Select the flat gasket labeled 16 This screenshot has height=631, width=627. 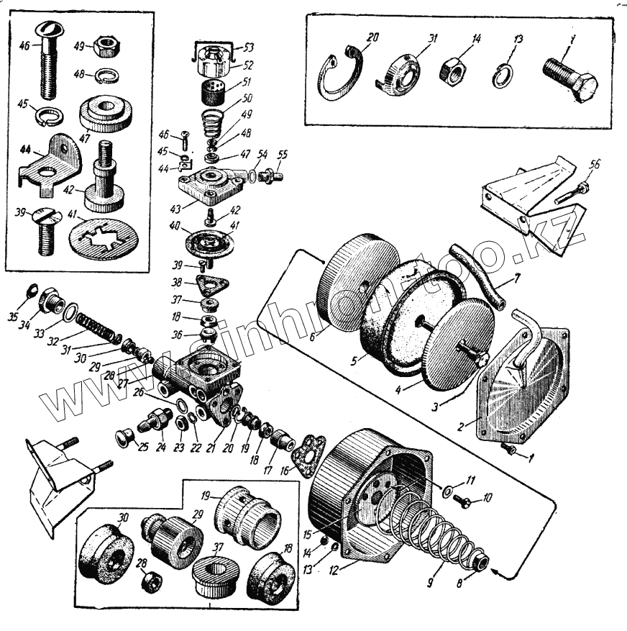click(x=308, y=453)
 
